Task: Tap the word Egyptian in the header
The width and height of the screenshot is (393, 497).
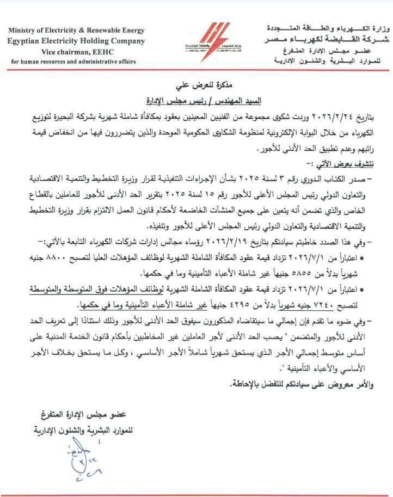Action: coord(24,41)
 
